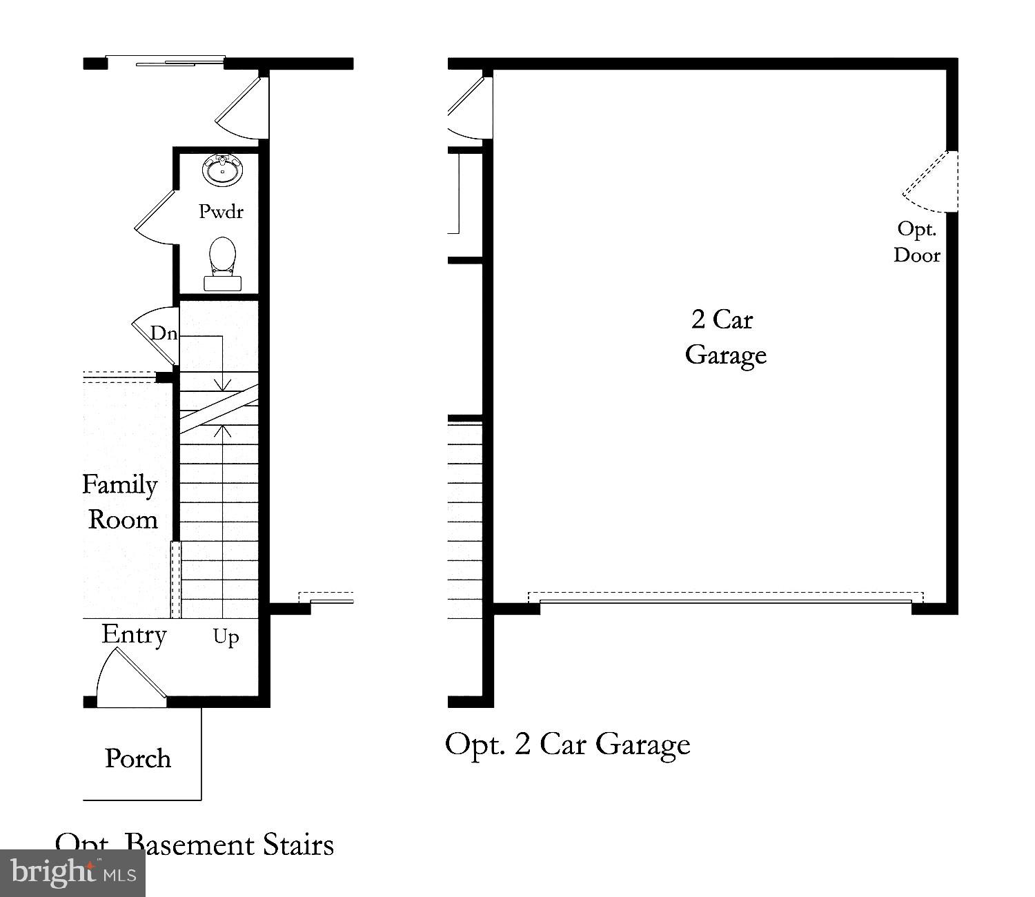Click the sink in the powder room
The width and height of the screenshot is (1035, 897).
pos(222,170)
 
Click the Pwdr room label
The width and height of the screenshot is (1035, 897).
pos(221,211)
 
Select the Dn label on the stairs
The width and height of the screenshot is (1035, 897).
pos(164,334)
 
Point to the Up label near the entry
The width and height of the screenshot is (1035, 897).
pos(226,636)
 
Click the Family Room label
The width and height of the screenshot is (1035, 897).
pos(121,502)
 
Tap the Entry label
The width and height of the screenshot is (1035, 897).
pos(134,635)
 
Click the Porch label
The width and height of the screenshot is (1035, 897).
pos(138,758)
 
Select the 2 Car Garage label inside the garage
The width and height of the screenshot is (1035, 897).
pos(724,337)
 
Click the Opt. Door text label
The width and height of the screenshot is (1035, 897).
pos(917,241)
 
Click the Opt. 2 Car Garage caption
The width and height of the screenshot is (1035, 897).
pos(567,744)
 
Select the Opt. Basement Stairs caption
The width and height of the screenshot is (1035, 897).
pos(195,845)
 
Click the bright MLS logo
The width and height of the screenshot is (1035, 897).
pos(73,873)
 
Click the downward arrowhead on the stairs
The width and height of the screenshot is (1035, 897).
pos(222,384)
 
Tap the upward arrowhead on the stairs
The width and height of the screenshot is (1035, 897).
pos(222,431)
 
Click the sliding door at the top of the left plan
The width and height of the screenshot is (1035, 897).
pos(166,63)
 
